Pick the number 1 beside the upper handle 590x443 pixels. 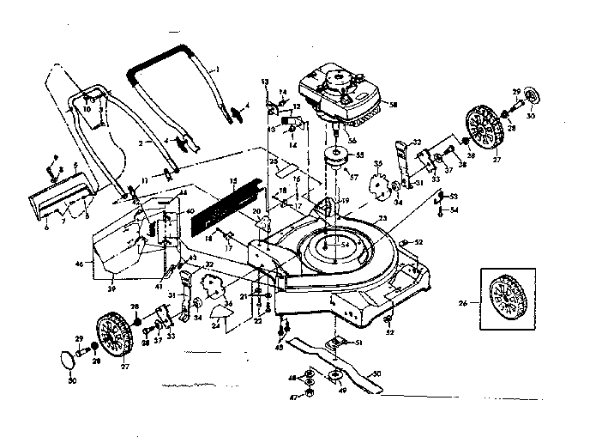217,68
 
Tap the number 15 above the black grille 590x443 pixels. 232,181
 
